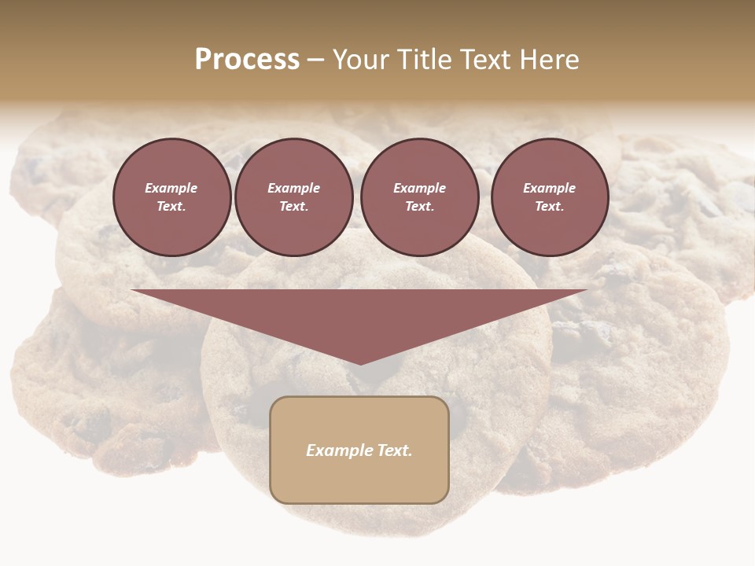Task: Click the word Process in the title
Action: click(247, 60)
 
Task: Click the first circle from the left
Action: click(171, 197)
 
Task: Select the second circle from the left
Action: click(293, 197)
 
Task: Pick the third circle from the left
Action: click(419, 197)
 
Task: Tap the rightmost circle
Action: click(549, 197)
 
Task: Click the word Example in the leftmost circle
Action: click(171, 188)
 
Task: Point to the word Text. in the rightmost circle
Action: click(549, 207)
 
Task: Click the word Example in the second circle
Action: click(293, 188)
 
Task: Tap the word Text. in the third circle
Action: click(419, 207)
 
